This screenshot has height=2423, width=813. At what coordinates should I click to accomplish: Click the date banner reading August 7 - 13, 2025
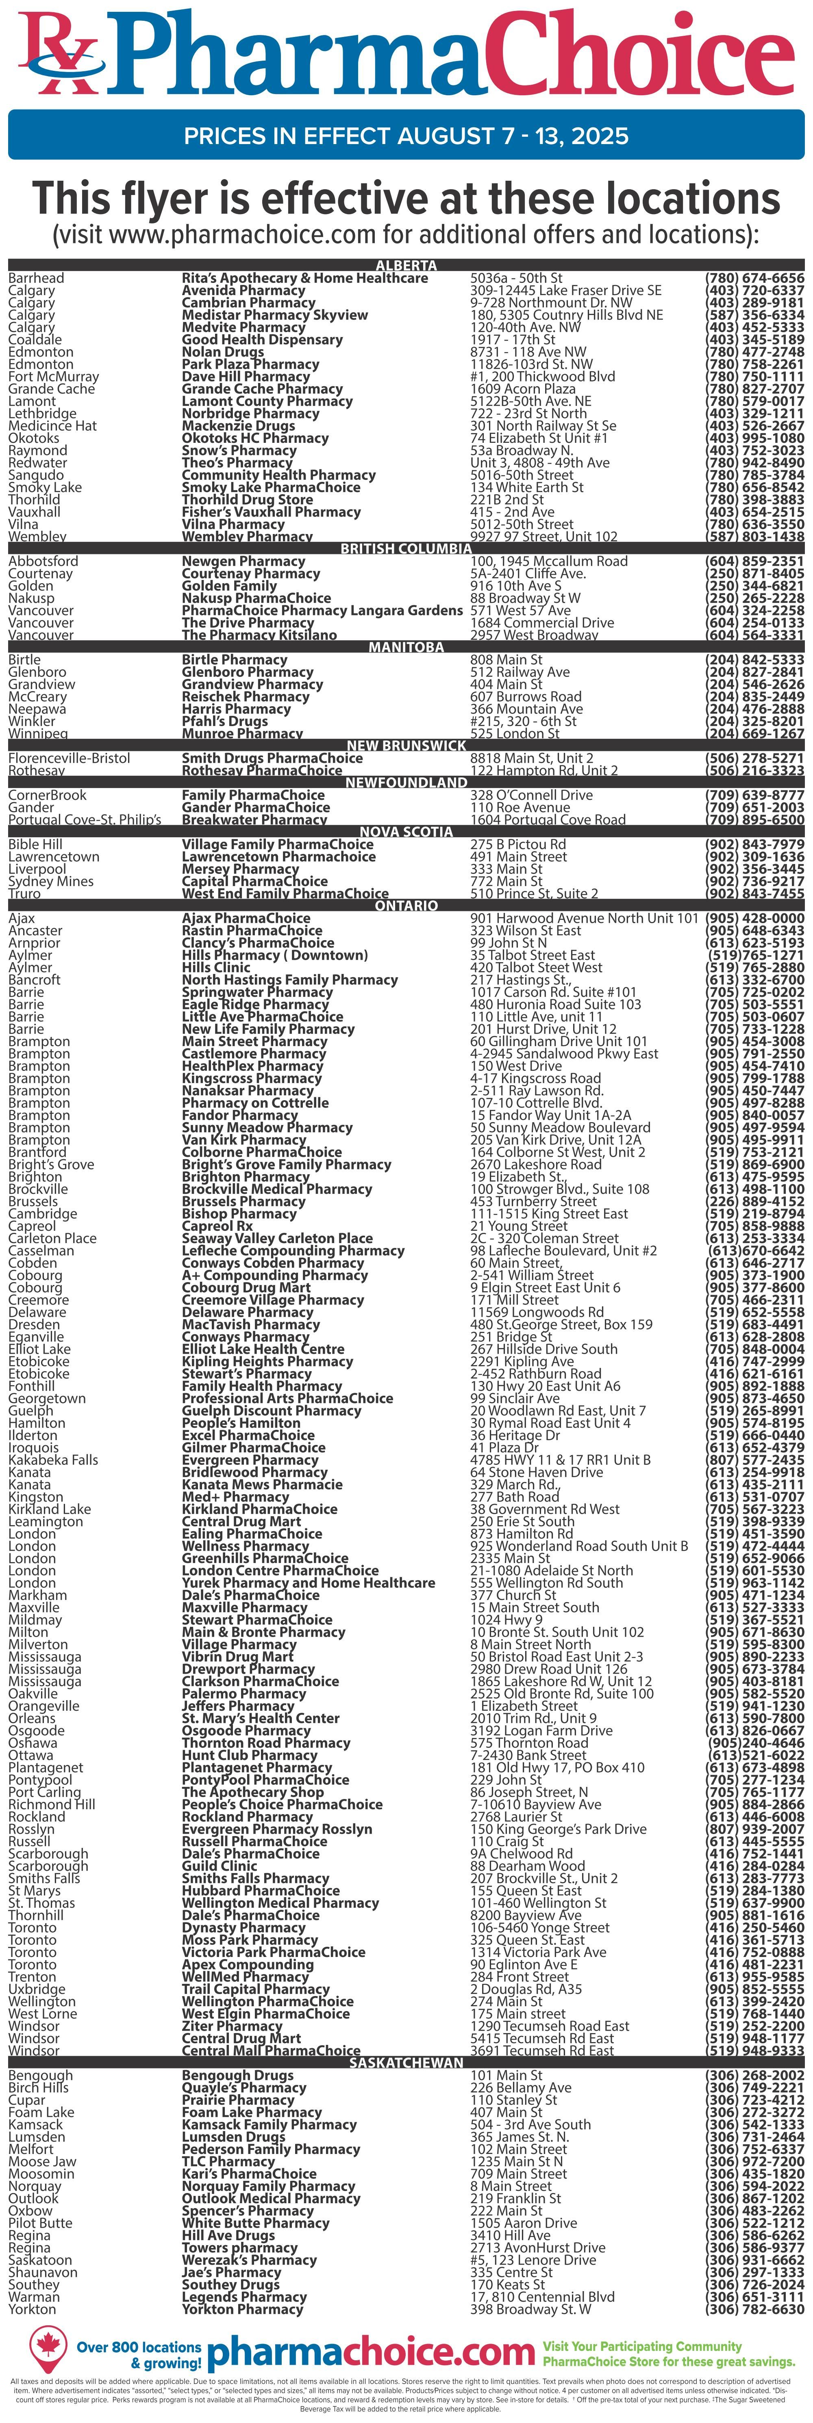[x=406, y=136]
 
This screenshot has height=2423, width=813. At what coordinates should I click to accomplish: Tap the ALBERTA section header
[x=406, y=265]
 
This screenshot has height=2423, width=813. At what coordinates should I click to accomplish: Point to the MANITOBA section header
[x=406, y=647]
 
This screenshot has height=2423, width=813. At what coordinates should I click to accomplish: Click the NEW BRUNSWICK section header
[x=406, y=745]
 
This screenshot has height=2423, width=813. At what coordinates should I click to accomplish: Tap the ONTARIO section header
[x=406, y=905]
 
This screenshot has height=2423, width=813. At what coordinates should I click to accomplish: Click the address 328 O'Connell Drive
[x=531, y=795]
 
